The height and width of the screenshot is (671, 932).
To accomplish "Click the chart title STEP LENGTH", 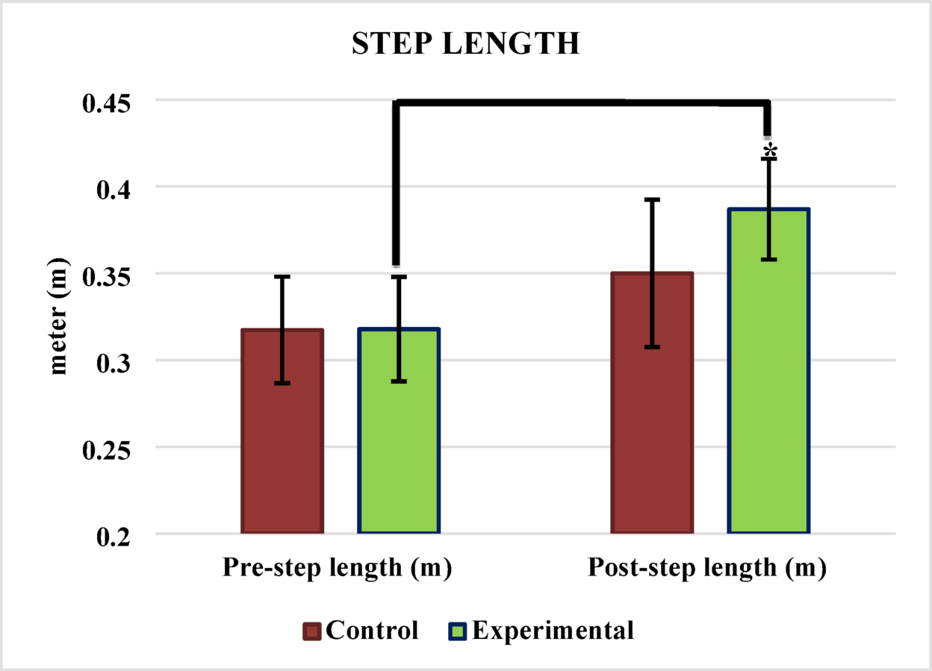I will pos(465,44).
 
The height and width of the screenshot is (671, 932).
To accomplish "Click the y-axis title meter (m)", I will pos(58,316).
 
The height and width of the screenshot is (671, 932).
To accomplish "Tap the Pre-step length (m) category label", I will pos(338,568).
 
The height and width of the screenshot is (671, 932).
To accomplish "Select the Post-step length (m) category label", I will pos(706,568).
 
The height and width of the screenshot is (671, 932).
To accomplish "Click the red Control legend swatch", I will pos(312,631).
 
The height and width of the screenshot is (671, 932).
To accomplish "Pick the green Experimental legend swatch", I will pos(459,631).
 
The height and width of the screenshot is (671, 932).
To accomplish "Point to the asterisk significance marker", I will pos(770,152).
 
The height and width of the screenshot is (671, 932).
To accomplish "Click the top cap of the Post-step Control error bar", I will pos(652,199).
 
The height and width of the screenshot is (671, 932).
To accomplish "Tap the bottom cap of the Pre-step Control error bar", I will pos(282,383).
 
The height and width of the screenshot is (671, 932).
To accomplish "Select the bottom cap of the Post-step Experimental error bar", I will pos(769,259).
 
